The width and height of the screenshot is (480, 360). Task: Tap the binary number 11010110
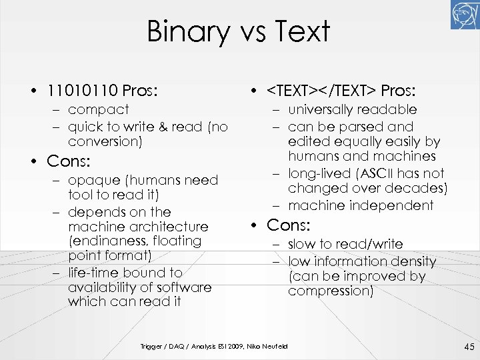pyautogui.click(x=81, y=89)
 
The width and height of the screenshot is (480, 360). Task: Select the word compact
pyautogui.click(x=98, y=109)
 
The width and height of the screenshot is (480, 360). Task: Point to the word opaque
pyautogui.click(x=93, y=180)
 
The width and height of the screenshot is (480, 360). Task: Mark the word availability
pyautogui.click(x=103, y=287)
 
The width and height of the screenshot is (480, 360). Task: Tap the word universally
pyautogui.click(x=319, y=109)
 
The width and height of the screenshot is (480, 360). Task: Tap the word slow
pyautogui.click(x=303, y=244)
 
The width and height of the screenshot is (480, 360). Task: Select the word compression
pyautogui.click(x=330, y=291)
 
